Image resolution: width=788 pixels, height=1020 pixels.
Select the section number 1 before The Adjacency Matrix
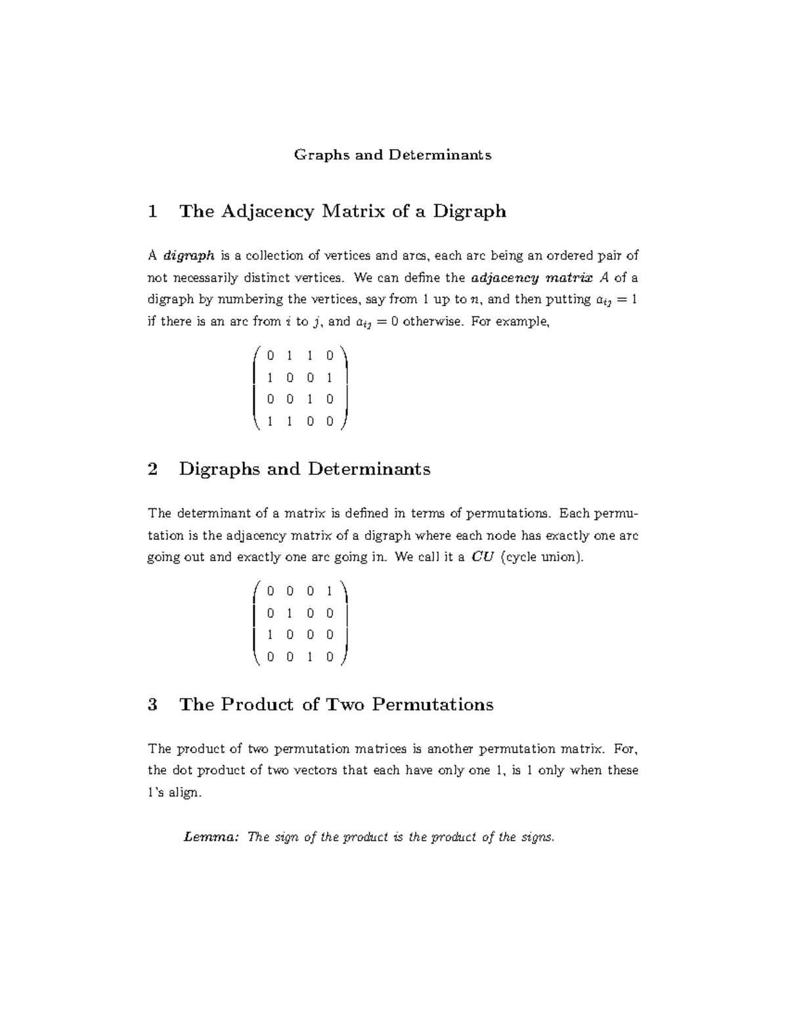(x=153, y=211)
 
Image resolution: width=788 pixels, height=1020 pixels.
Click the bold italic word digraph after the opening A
(x=188, y=255)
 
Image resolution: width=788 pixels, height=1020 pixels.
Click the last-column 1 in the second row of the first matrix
(x=330, y=378)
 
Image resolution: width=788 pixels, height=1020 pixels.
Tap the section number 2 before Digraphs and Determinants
(x=153, y=469)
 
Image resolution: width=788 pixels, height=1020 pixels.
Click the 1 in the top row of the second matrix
(x=330, y=591)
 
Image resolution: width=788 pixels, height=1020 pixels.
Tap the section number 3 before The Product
(x=153, y=705)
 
